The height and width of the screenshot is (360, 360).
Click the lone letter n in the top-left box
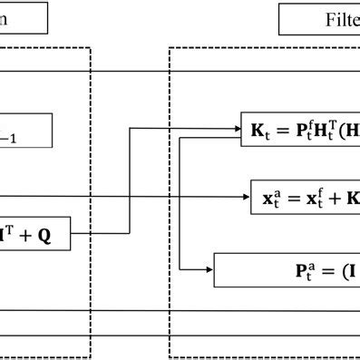click(x=5, y=19)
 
